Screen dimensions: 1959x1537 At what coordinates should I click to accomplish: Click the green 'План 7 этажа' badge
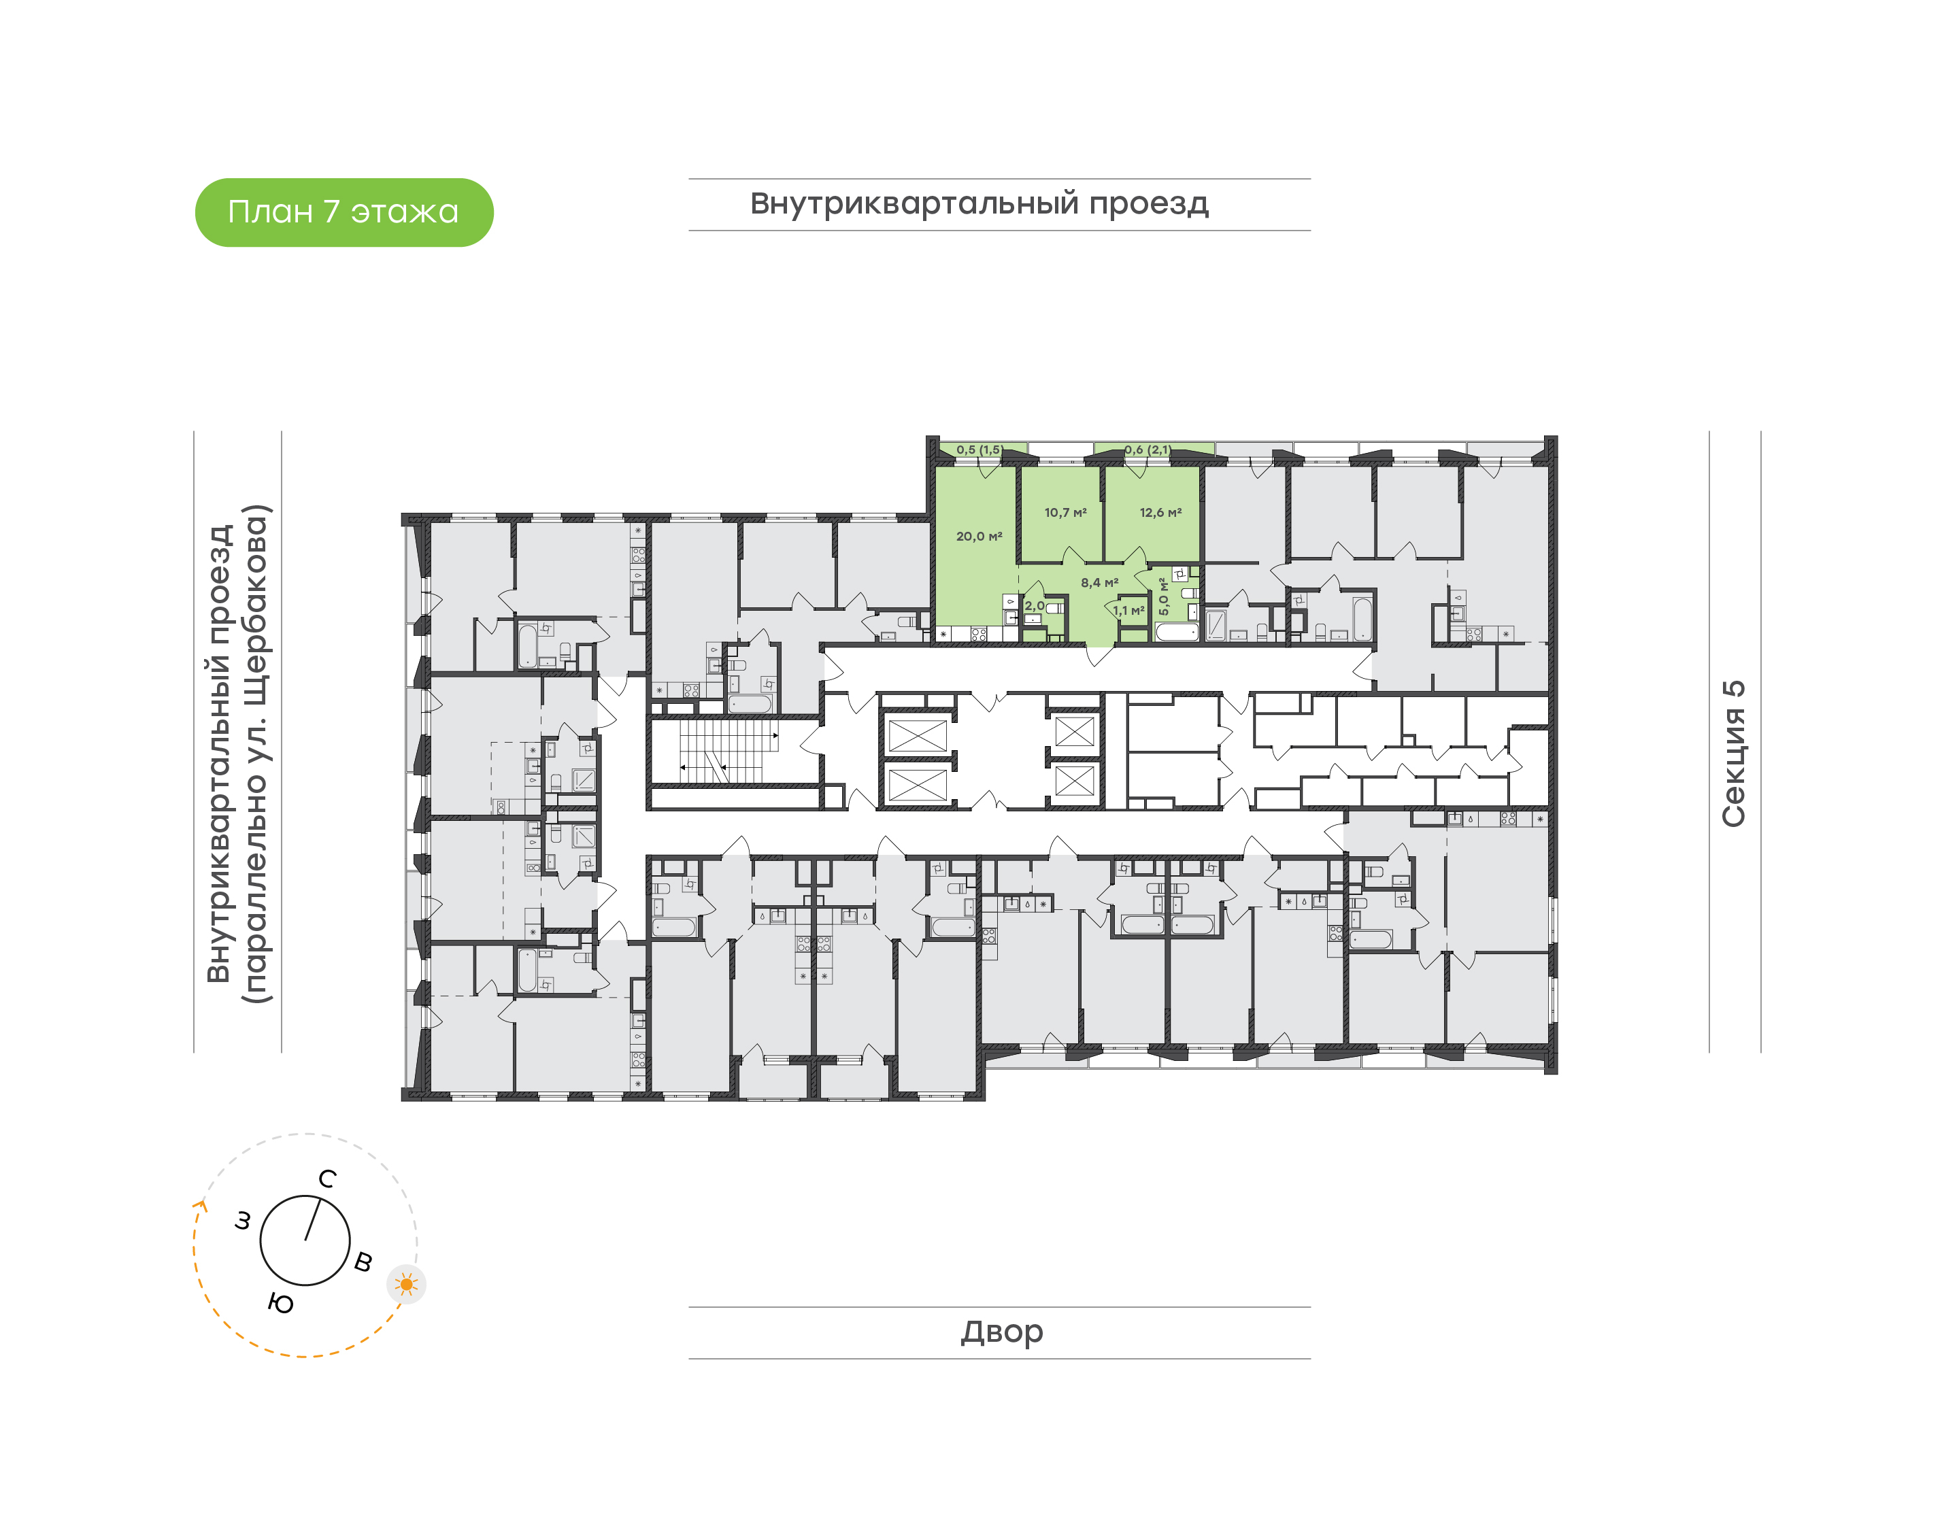(344, 212)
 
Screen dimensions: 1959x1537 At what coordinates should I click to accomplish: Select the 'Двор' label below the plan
(1001, 1332)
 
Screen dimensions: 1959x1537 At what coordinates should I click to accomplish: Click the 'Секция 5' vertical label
(1733, 754)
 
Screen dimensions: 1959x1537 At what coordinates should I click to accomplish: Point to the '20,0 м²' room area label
(979, 537)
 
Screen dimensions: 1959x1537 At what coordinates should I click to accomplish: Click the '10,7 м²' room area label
(1065, 513)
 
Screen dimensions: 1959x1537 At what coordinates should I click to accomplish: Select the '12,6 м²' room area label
(1161, 513)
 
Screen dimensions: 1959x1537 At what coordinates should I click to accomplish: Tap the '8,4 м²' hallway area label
(1100, 583)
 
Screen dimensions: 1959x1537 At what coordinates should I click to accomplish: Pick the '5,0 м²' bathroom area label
(1164, 596)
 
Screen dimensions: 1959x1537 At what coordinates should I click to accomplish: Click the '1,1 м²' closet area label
(1128, 611)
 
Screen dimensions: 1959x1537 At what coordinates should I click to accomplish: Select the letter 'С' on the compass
(328, 1179)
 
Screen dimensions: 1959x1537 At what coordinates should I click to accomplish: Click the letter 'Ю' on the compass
(281, 1304)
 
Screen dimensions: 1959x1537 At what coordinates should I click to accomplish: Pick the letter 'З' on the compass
(242, 1221)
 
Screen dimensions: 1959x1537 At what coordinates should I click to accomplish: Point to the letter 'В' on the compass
(363, 1262)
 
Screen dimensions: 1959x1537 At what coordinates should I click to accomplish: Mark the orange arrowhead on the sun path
(201, 1206)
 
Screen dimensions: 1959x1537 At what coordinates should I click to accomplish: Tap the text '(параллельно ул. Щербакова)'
(256, 754)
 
